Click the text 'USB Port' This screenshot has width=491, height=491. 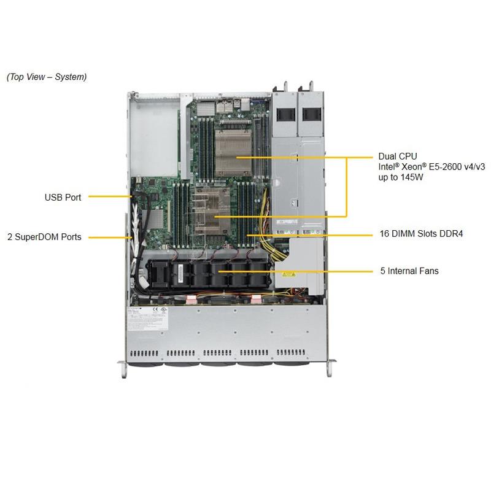pos(63,197)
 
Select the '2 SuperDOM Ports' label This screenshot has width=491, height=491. pos(44,236)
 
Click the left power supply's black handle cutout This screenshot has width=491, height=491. pos(284,114)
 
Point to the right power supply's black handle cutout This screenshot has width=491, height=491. pos(311,114)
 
